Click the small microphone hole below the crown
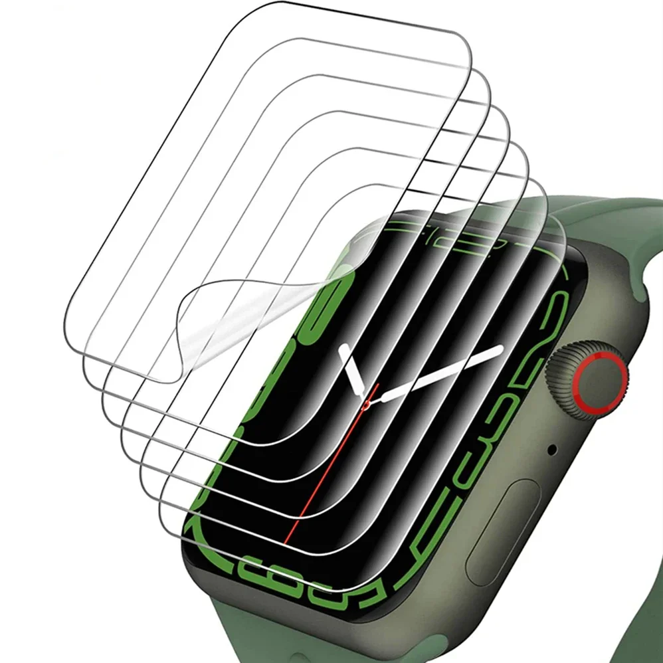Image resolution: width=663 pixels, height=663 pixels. coord(551,449)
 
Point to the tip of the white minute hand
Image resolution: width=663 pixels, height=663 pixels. coord(500,349)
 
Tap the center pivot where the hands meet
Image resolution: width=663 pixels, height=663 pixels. coord(367,402)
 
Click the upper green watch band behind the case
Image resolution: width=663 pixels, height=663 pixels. coord(598,219)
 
